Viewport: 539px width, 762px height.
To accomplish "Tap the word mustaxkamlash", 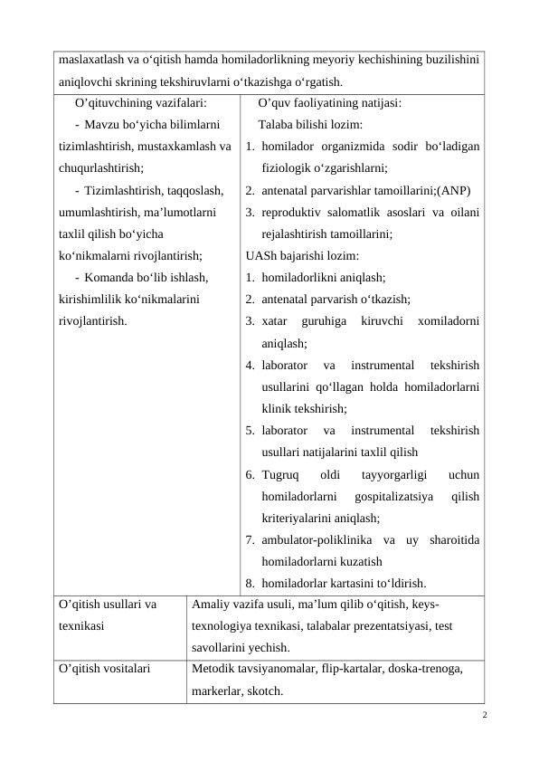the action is point(176,146).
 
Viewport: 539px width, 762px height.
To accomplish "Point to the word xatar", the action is point(274,320).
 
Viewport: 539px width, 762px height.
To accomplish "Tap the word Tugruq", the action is point(280,474).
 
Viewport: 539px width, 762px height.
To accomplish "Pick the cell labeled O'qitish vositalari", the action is point(103,671).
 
